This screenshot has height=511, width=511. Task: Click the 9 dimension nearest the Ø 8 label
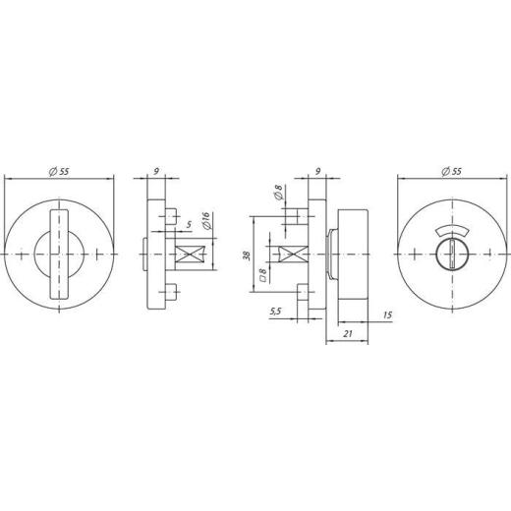click(316, 174)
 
